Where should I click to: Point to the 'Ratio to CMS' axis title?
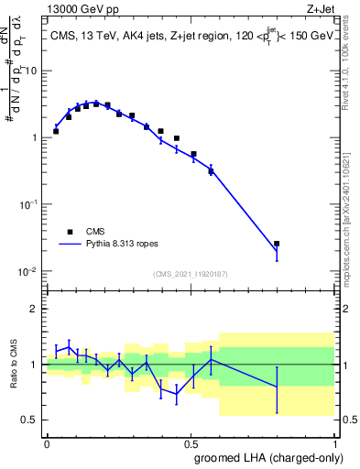tap(25, 365)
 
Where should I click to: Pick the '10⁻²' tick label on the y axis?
tap(31, 272)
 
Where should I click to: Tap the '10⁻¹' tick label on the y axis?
tap(31, 205)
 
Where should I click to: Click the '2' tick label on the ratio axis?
tap(35, 309)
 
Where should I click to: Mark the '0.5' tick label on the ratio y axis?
tap(31, 420)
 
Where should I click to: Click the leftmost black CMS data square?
tap(56, 131)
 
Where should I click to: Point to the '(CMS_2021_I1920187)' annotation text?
tap(191, 274)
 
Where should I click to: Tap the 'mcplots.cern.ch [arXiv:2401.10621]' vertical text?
tap(352, 212)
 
